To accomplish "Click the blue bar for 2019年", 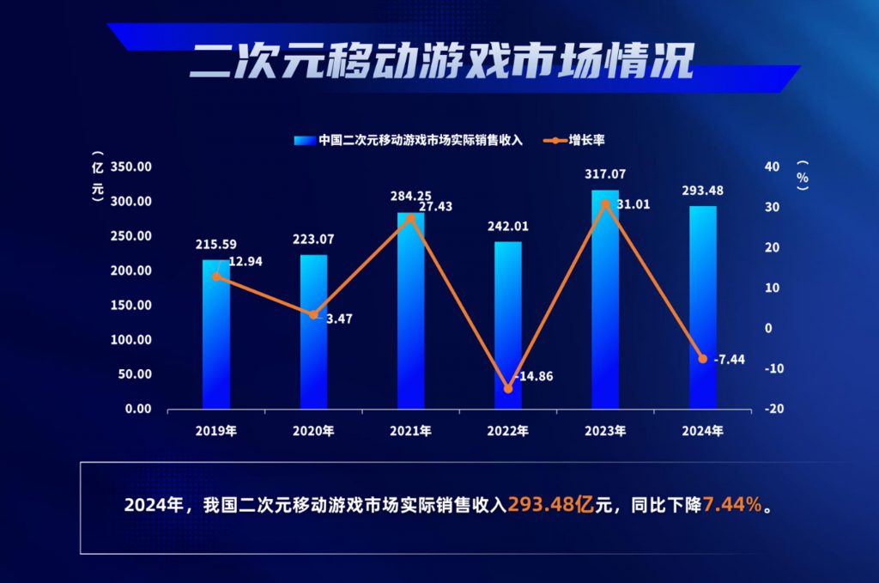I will point(215,335).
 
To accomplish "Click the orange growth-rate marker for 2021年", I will point(410,217).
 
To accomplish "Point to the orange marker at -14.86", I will point(507,388).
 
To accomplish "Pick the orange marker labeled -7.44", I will point(702,358).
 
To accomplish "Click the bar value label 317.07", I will point(605,175).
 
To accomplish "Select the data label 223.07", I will point(313,240).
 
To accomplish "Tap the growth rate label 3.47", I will point(339,319).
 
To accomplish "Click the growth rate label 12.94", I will point(245,261).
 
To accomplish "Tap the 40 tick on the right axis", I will point(772,167).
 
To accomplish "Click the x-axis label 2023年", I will point(605,430).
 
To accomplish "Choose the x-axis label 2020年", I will point(313,430).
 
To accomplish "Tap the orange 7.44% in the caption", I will point(732,505).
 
